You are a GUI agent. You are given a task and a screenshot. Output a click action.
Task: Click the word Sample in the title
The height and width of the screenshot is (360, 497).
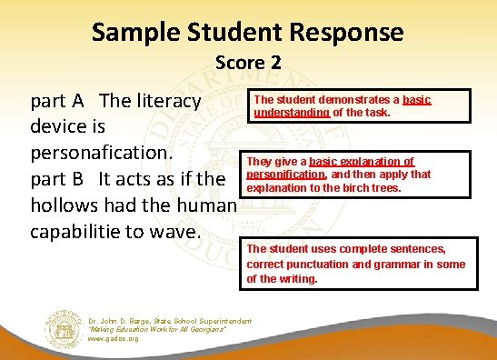click(x=136, y=34)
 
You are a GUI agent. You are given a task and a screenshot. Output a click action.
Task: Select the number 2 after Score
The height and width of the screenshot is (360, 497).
click(x=275, y=63)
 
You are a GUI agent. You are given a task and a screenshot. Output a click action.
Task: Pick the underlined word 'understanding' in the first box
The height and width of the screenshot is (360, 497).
click(x=292, y=113)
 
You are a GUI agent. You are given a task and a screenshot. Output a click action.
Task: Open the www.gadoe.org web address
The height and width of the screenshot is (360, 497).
click(x=114, y=339)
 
